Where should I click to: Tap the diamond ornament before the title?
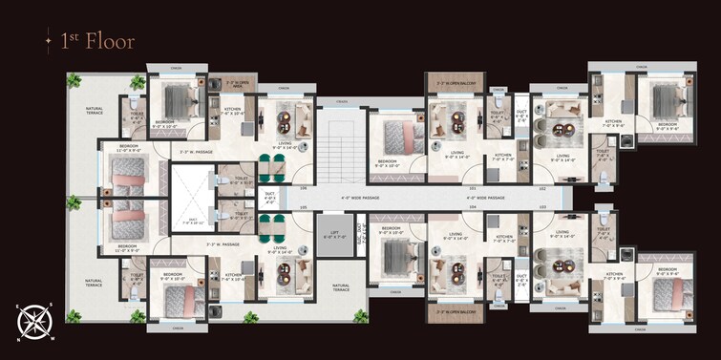coord(47,41)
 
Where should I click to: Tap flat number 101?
coord(472,188)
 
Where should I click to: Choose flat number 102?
coord(541,188)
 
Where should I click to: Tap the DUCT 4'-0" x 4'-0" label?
coord(270,197)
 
